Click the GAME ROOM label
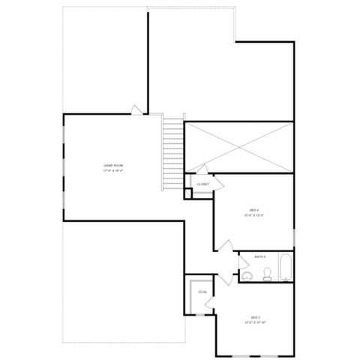coord(113,165)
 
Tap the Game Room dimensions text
coord(113,170)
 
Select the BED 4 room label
coord(254,209)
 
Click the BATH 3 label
coord(260,256)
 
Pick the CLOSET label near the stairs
coord(202,184)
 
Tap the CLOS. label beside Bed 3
coord(202,292)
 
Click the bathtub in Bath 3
coord(286,269)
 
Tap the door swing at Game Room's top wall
coord(136,109)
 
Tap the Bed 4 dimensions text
coord(254,215)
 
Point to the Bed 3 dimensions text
coord(256,322)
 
